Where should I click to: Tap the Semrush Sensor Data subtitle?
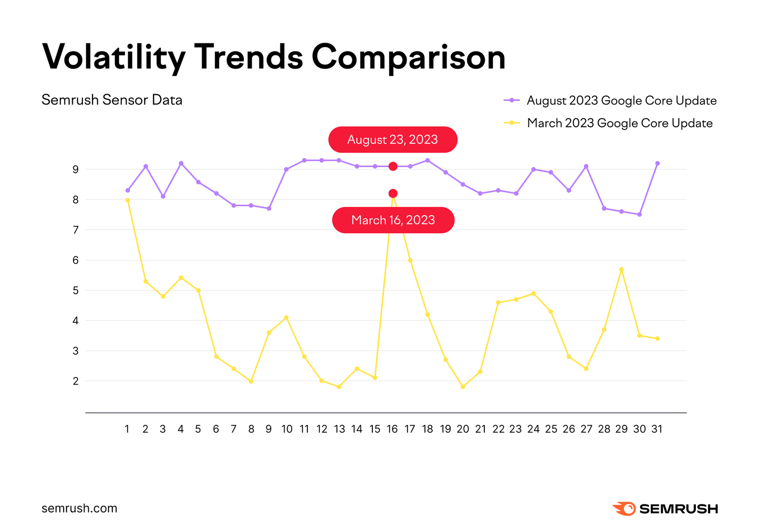point(112,100)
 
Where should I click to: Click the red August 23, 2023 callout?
point(392,140)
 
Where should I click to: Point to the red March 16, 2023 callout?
point(393,220)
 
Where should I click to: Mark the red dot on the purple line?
point(393,166)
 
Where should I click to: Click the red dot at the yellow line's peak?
point(393,193)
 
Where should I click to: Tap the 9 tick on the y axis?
point(75,170)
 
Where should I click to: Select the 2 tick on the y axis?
point(75,381)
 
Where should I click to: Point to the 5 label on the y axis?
point(75,291)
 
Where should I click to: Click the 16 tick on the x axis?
point(392,429)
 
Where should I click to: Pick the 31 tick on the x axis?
point(657,429)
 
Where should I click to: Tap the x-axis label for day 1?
point(127,429)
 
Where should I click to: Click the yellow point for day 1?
point(128,200)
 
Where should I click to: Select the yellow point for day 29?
point(621,269)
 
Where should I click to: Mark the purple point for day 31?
point(657,163)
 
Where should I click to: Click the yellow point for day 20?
point(463,387)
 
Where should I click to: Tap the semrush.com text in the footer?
point(79,509)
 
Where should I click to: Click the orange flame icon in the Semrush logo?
point(624,509)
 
